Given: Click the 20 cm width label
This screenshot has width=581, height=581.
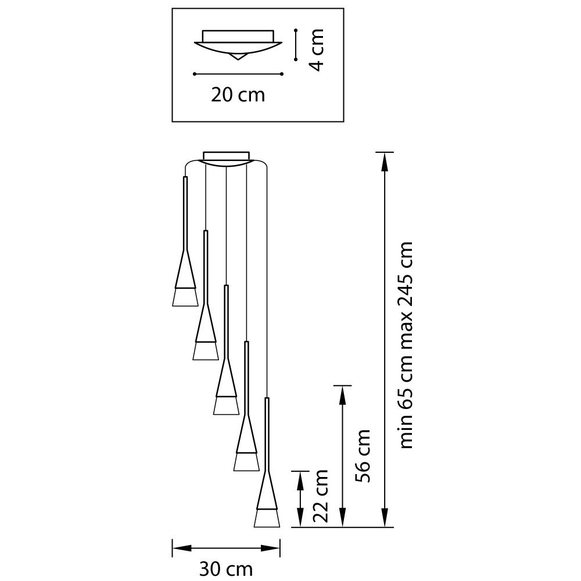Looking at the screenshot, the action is click(x=238, y=95).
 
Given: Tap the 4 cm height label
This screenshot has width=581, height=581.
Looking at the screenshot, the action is click(x=317, y=49).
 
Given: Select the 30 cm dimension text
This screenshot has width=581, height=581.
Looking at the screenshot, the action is click(x=226, y=569).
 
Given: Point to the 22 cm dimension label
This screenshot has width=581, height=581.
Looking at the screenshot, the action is click(x=321, y=496).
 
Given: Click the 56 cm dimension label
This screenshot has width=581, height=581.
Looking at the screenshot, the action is click(x=363, y=456).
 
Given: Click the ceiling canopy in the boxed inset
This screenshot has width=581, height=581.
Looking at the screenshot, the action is click(x=238, y=45).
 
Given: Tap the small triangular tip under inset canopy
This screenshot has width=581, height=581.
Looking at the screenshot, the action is click(x=238, y=57).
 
